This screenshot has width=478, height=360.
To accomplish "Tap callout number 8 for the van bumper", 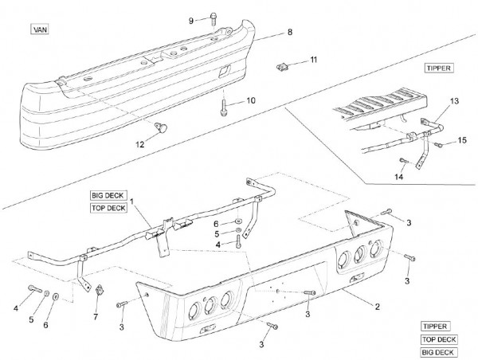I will coord(290,32).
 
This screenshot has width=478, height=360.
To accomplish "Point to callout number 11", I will coord(314,60).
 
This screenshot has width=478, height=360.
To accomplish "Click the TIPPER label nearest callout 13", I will coord(438,68).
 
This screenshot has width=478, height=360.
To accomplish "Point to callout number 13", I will coord(455,101).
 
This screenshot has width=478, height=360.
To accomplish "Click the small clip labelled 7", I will coord(100,291).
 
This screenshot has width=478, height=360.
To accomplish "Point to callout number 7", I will coord(96,317).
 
